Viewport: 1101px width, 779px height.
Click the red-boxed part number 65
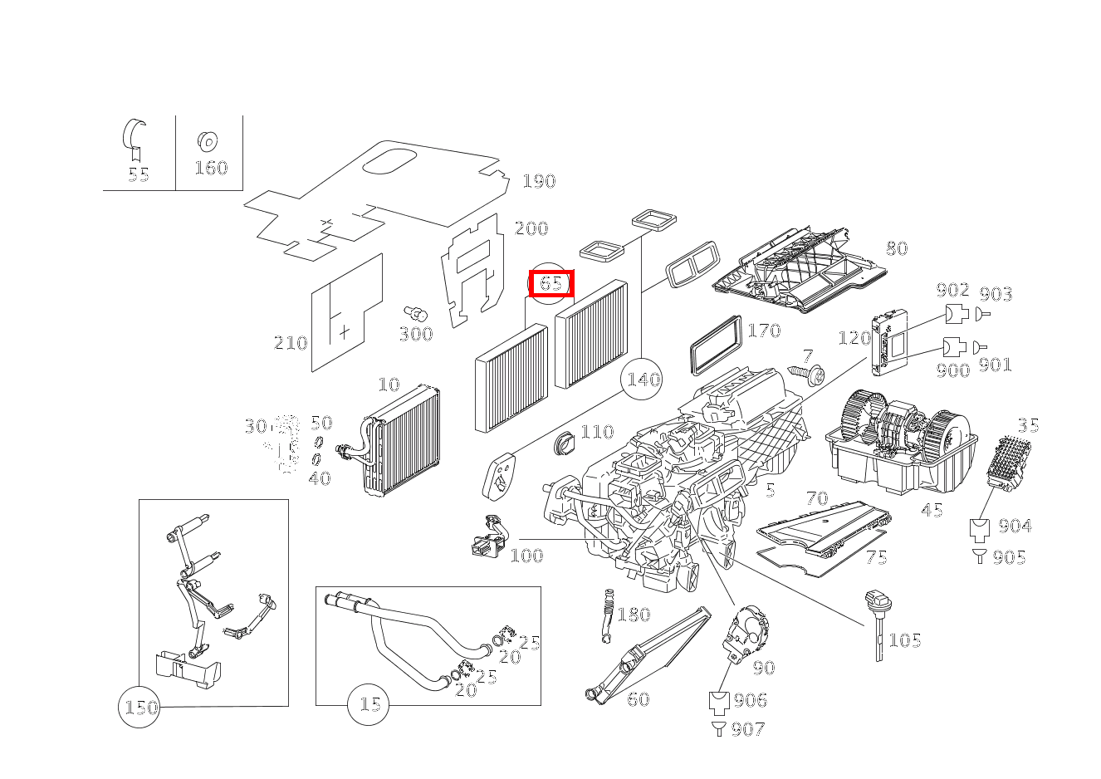[x=551, y=283]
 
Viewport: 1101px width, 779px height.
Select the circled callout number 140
[x=642, y=379]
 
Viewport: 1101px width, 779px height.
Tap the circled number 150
[x=139, y=708]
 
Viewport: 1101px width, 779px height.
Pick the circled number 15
[x=368, y=705]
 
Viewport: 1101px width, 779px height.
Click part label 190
[x=539, y=181]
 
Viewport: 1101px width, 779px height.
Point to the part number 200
[x=531, y=228]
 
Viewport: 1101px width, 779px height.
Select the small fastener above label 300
[x=416, y=313]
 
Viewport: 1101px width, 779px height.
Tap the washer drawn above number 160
[x=208, y=142]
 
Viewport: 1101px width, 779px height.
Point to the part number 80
[x=897, y=248]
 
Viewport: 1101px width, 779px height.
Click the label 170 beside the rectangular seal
[x=765, y=331]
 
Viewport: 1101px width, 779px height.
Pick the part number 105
[x=905, y=640]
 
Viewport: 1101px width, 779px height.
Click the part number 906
[x=751, y=700]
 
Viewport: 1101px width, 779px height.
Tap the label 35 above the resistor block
[x=1028, y=425]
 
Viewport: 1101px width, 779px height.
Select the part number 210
[x=291, y=343]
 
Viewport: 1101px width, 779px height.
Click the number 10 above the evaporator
[x=389, y=385]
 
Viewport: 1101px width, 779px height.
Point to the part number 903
[x=996, y=294]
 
